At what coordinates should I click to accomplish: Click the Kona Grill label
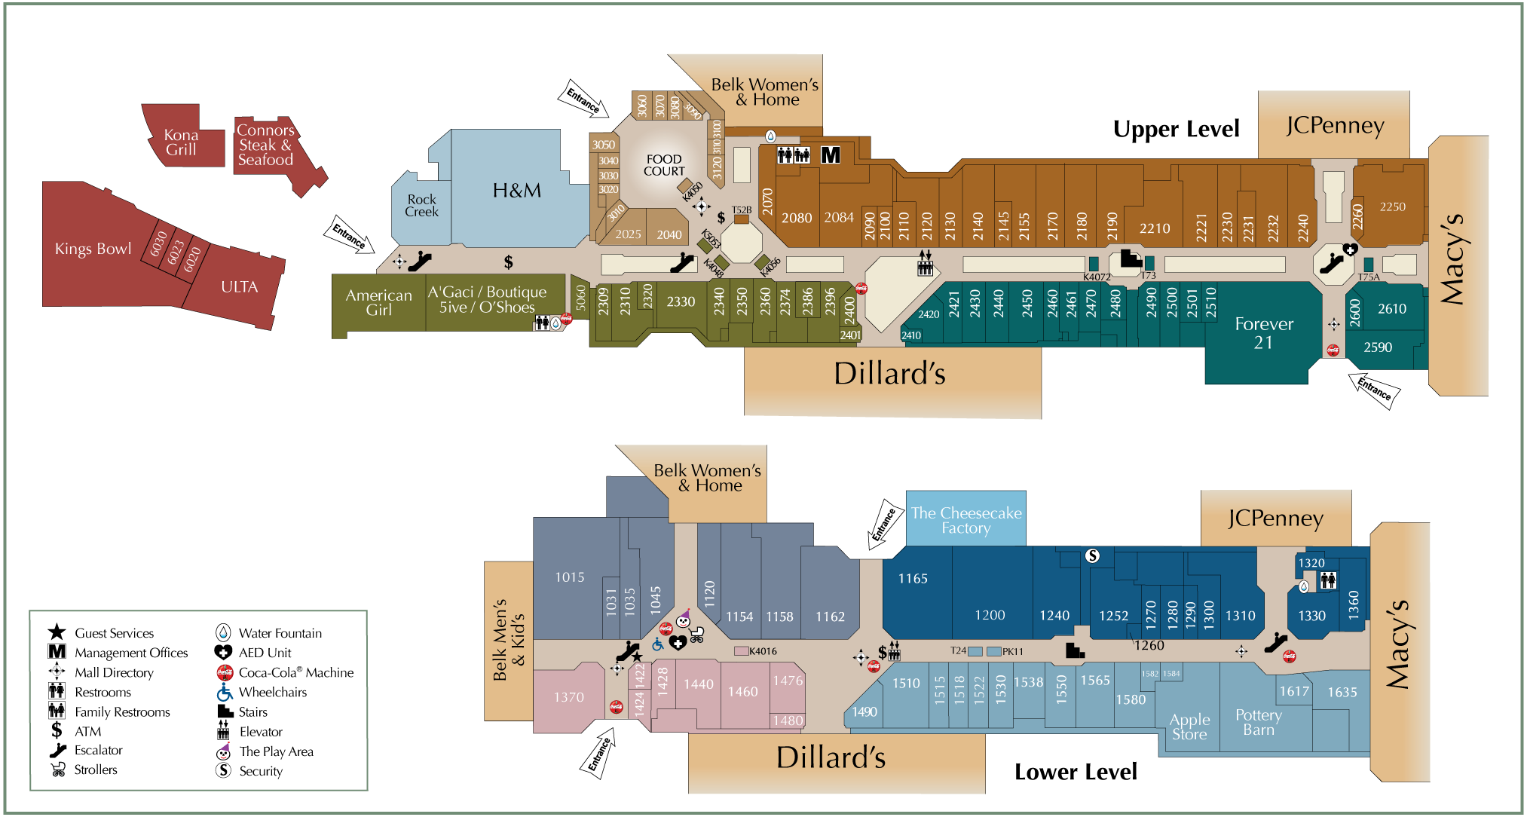181,142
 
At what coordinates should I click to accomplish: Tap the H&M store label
516,191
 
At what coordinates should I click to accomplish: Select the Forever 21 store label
1263,333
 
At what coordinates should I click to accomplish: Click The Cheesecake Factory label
965,520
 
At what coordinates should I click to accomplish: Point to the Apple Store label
1189,727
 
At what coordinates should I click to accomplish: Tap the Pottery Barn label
1258,722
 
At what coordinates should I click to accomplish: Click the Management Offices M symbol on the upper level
830,155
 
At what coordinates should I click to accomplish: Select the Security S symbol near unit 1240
1092,556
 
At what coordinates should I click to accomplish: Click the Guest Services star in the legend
57,632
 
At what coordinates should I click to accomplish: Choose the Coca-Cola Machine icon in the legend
224,672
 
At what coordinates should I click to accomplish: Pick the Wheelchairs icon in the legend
224,692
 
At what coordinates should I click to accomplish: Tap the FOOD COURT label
663,165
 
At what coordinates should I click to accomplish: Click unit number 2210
1154,228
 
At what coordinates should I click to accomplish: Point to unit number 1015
569,577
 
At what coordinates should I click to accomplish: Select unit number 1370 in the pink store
568,697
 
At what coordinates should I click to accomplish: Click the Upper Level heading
1176,130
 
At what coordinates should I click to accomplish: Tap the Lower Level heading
1075,772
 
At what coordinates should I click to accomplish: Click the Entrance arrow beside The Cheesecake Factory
885,522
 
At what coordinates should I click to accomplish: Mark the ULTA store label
239,287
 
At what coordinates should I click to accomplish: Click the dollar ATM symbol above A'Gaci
509,262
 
